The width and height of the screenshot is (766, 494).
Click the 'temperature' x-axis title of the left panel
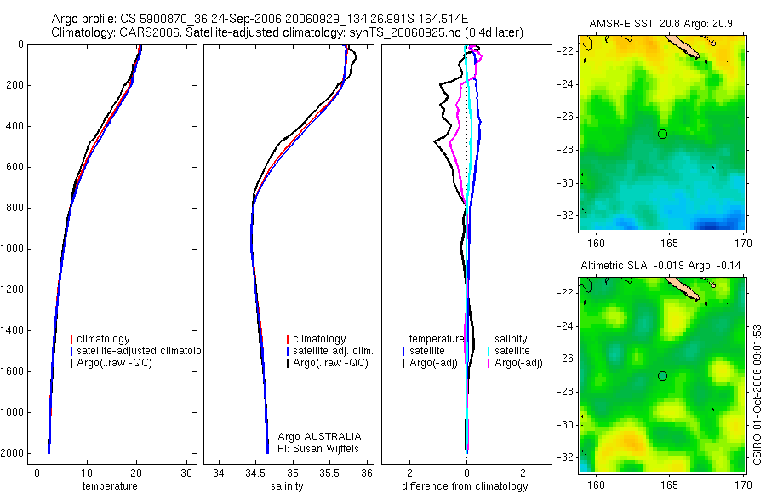pos(109,486)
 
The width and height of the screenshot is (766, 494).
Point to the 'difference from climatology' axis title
pos(465,486)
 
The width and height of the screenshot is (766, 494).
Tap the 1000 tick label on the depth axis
pos(14,249)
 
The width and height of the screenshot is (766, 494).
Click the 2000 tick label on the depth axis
pos(14,453)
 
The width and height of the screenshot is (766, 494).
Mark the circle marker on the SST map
pos(662,134)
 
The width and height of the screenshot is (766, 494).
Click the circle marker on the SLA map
pos(662,376)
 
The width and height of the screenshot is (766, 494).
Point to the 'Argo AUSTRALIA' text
pos(313,435)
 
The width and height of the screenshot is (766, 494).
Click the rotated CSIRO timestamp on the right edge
pos(757,393)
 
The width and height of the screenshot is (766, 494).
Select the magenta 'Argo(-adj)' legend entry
pos(518,364)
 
